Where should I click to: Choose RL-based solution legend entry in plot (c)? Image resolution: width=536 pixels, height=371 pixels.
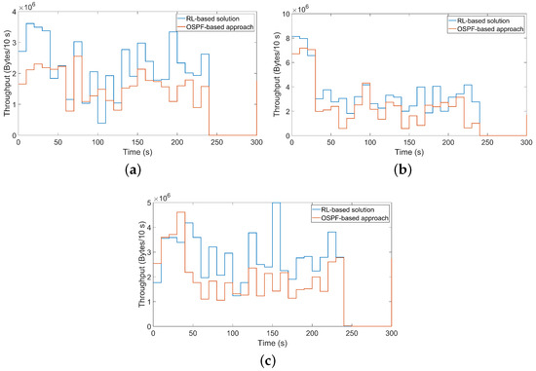pyautogui.click(x=352, y=208)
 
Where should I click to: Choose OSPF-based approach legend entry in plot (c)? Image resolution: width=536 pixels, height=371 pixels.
pyautogui.click(x=352, y=217)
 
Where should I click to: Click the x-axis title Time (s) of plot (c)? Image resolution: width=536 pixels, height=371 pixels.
pyautogui.click(x=272, y=344)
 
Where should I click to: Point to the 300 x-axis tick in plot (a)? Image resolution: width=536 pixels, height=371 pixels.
pyautogui.click(x=255, y=143)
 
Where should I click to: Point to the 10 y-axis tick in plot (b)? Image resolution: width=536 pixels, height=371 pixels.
pyautogui.click(x=283, y=13)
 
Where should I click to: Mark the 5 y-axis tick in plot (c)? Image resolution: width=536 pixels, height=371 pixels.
pyautogui.click(x=147, y=204)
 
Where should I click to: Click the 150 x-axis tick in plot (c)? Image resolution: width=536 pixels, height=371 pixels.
pyautogui.click(x=272, y=334)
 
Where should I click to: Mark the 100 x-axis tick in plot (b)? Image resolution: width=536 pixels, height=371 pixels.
pyautogui.click(x=368, y=143)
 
